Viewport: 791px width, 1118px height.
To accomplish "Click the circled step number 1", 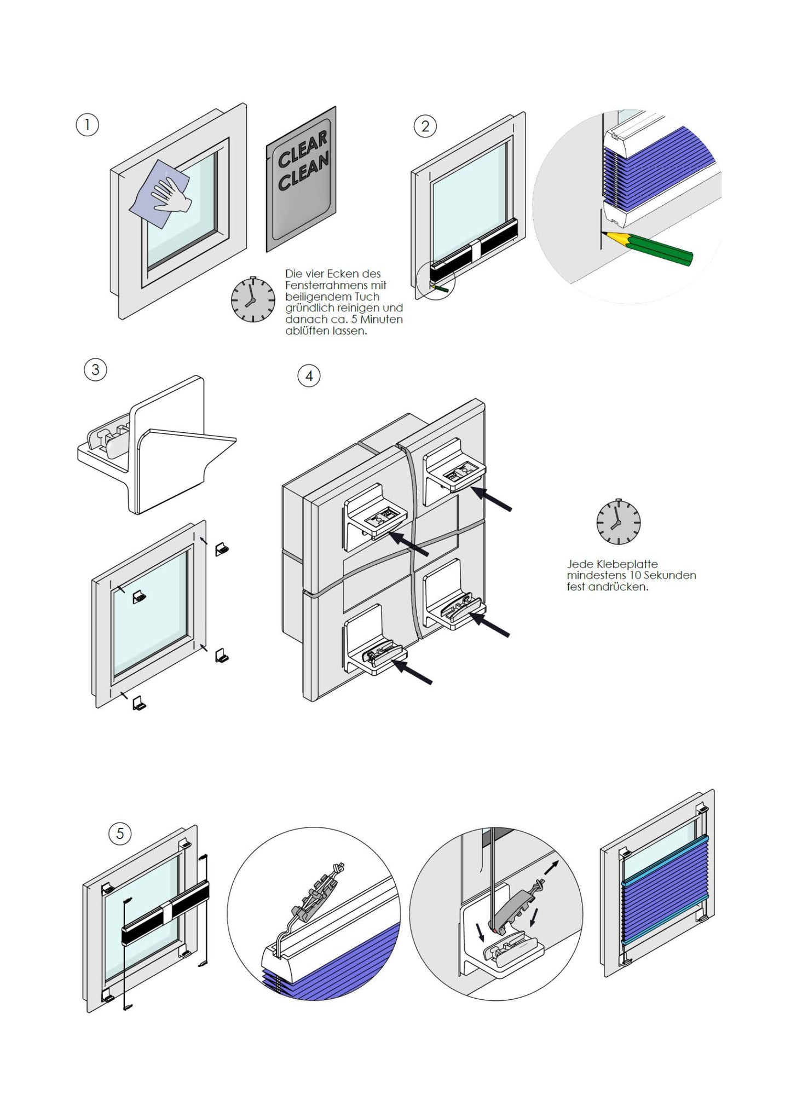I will click(87, 125).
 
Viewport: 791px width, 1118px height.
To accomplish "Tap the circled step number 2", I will click(425, 126).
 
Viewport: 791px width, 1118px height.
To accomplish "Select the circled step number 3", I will click(95, 370).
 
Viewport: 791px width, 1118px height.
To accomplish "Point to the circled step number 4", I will click(309, 376).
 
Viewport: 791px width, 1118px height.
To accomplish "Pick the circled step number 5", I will click(120, 834).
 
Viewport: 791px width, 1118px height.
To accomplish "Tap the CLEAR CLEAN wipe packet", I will click(302, 178).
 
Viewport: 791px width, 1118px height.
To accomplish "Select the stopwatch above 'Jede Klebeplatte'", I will click(618, 522).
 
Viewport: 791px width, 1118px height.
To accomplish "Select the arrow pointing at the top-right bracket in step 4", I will click(491, 500).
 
